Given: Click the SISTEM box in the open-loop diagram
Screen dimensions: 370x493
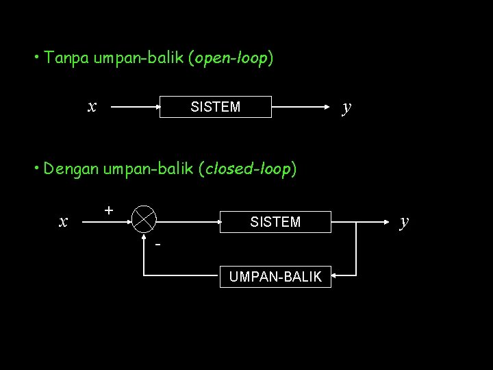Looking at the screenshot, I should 216,107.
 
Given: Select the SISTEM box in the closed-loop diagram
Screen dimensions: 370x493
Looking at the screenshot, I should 275,221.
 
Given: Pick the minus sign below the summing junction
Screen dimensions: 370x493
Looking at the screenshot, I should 157,244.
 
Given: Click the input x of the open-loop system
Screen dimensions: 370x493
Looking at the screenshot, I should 92,106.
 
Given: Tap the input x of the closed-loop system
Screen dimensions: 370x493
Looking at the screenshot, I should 64,221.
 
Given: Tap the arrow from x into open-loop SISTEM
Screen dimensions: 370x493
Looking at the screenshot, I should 134,107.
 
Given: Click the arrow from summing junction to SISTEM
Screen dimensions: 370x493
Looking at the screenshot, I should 188,221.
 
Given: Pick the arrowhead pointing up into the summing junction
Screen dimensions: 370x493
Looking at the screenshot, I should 144,238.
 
